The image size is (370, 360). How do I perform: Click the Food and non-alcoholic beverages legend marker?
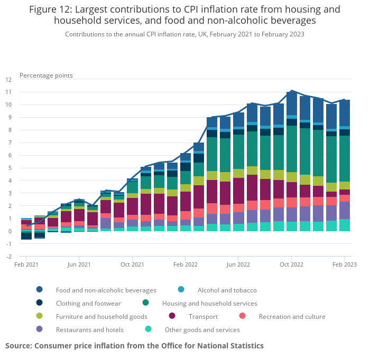40,290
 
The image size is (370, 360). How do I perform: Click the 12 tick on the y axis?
8,80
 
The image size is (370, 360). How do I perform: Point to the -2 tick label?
8,257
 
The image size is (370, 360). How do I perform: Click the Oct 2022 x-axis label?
291,264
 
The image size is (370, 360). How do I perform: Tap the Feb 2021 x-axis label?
26,264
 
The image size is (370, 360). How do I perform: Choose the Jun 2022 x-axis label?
238,264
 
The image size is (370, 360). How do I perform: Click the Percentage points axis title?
46,75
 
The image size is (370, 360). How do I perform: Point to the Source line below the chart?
134,346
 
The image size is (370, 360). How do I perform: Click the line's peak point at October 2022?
292,91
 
